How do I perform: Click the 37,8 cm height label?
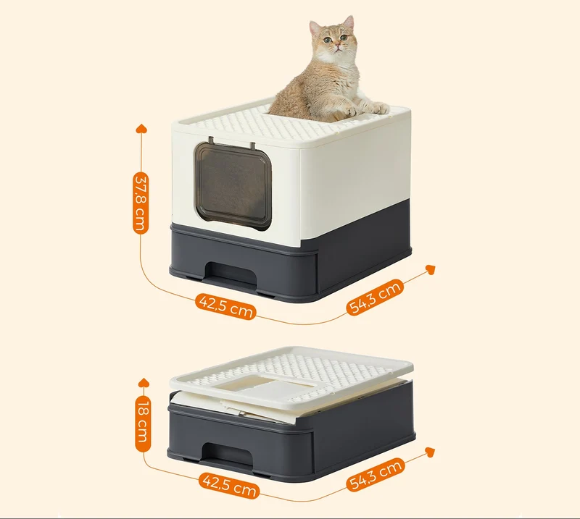141,203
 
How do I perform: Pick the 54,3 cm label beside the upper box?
374,298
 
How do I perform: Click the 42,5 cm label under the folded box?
229,486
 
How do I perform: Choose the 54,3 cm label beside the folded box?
374,475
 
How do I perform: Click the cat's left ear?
315,28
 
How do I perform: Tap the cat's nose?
337,45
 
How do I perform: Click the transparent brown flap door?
233,186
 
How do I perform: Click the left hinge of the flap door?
211,140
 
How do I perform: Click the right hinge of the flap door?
252,145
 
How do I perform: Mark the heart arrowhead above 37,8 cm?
141,129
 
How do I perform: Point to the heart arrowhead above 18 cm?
144,383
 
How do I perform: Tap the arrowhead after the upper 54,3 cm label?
430,270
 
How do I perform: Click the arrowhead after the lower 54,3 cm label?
430,452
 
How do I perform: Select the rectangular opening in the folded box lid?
265,389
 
